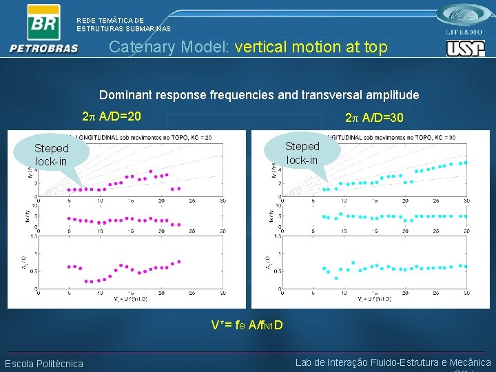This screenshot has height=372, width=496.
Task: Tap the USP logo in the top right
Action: (465, 48)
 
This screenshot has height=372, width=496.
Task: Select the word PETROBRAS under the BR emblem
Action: (44, 48)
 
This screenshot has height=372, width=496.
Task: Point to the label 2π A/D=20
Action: (112, 116)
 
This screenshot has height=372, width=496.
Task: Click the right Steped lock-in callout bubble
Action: (302, 152)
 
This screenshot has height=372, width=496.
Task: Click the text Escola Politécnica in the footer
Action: (44, 364)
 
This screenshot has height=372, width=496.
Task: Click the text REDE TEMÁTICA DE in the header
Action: (110, 21)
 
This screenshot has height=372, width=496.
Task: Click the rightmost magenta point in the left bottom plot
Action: (179, 261)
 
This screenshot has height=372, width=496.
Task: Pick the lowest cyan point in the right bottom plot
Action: (336, 278)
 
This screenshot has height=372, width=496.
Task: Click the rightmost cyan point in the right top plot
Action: (466, 163)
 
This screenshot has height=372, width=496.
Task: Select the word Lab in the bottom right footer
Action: (304, 362)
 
